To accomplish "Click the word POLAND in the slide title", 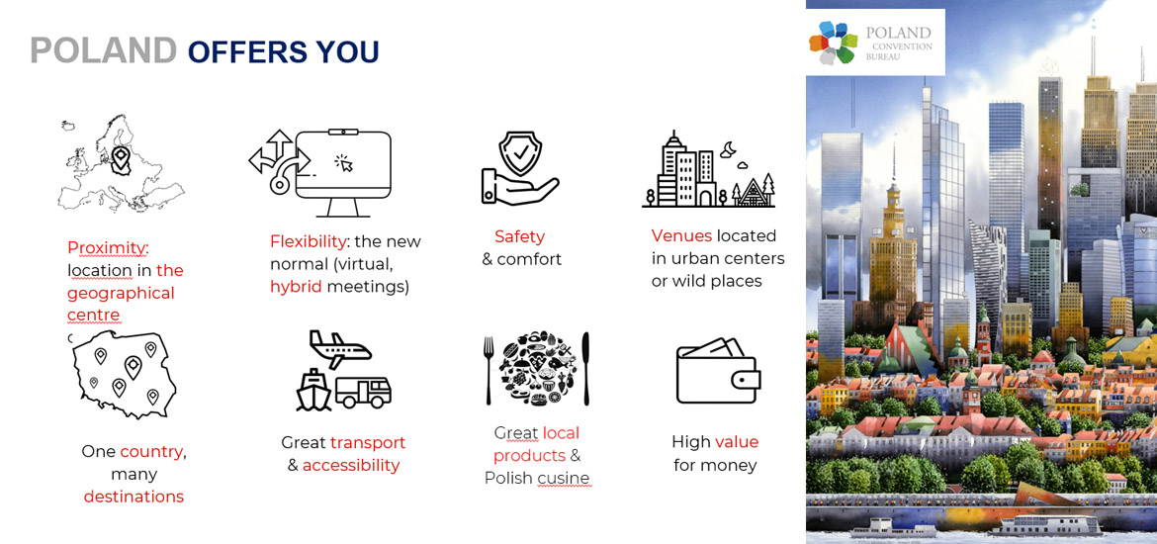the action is pyautogui.click(x=103, y=50).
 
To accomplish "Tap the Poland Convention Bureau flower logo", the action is pyautogui.click(x=833, y=43).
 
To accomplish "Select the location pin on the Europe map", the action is pyautogui.click(x=120, y=159).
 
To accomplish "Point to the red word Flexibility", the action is pyautogui.click(x=309, y=241).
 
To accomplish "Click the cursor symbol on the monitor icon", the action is pyautogui.click(x=344, y=163).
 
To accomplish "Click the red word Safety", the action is pyautogui.click(x=519, y=236).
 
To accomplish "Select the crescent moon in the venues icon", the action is pyautogui.click(x=728, y=149).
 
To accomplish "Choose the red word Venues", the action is pyautogui.click(x=681, y=235).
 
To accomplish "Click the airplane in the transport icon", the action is pyautogui.click(x=339, y=349).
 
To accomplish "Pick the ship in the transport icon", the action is pyautogui.click(x=313, y=390).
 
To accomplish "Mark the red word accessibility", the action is pyautogui.click(x=351, y=465).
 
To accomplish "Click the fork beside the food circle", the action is pyautogui.click(x=488, y=370).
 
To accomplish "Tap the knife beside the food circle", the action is pyautogui.click(x=585, y=368).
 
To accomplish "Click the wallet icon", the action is pyautogui.click(x=718, y=371).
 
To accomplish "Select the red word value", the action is pyautogui.click(x=737, y=442).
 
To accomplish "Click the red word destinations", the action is pyautogui.click(x=133, y=496).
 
